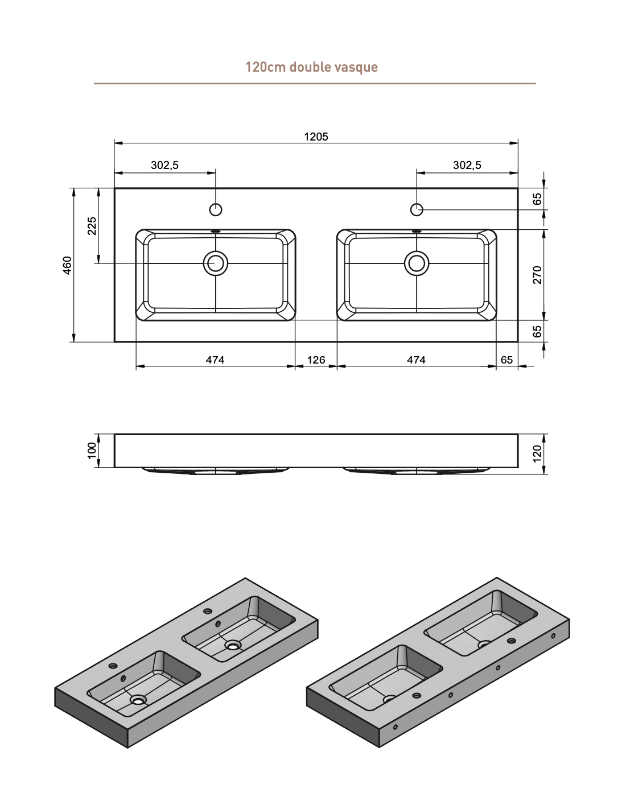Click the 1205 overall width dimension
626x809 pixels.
tap(316, 137)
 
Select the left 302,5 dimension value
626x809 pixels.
tap(164, 165)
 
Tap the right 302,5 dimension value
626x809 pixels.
tap(467, 165)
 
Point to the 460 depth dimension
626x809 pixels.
tap(67, 265)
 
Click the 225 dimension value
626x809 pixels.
tap(92, 226)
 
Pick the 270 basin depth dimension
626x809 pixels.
tap(537, 275)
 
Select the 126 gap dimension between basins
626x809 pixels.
tap(316, 360)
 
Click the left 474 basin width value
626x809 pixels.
tap(215, 360)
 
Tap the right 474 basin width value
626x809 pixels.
tap(417, 360)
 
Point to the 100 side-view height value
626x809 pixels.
tap(92, 451)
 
